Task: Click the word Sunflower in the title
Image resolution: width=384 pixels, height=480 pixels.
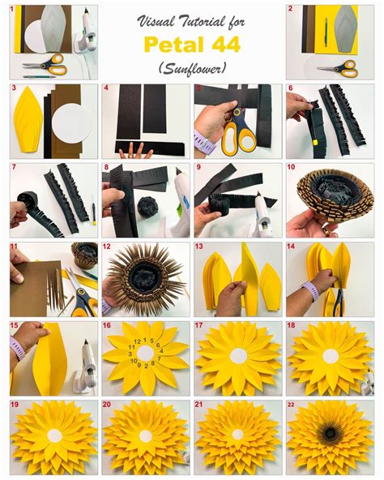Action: click(193, 68)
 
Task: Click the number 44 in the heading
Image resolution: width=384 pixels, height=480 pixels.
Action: click(225, 45)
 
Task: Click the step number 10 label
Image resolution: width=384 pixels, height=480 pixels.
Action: click(292, 167)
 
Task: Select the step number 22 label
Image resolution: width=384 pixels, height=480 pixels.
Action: click(291, 405)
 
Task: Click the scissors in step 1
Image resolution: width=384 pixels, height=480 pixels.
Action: click(45, 65)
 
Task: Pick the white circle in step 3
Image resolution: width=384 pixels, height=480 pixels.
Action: click(72, 123)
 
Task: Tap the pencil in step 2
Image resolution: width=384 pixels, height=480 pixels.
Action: click(326, 32)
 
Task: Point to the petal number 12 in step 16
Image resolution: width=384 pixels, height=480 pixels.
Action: click(137, 341)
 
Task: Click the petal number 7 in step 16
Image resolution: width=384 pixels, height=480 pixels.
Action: click(159, 358)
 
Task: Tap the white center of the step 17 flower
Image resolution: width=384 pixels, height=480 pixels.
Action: click(238, 356)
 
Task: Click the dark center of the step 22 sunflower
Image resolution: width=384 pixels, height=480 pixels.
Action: click(331, 433)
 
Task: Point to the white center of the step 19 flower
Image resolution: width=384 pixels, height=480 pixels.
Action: click(55, 435)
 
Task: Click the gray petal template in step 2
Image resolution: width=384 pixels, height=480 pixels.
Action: click(346, 29)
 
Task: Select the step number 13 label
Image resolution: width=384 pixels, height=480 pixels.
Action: click(198, 246)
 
